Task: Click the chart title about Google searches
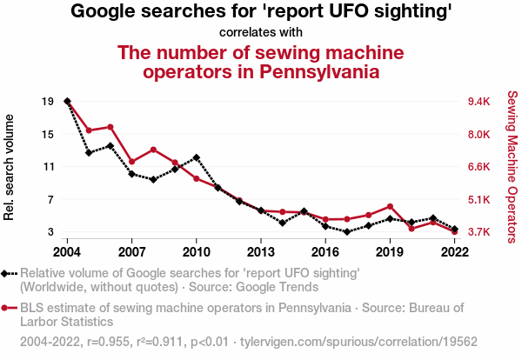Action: coord(261,12)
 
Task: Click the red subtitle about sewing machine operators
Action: coord(261,62)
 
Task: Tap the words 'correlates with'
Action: coord(261,32)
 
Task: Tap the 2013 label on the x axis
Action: coord(261,252)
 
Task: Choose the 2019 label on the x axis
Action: coord(390,252)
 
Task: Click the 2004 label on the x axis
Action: coord(67,252)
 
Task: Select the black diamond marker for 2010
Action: coord(197,157)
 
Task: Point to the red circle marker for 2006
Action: coord(110,127)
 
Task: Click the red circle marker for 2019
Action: coord(390,207)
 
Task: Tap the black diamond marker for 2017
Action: coord(347,231)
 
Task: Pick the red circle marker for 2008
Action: coord(153,150)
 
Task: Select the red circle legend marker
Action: coord(8,307)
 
